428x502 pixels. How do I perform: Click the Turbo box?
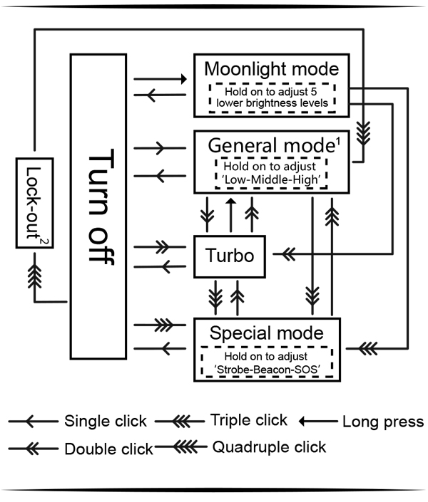(x=230, y=256)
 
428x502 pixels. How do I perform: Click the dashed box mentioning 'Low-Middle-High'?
(x=270, y=172)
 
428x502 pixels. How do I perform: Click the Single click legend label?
(x=106, y=422)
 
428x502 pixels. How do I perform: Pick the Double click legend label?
(x=108, y=449)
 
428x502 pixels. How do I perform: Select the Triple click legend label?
(x=249, y=420)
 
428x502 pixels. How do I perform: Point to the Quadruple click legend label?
(x=269, y=447)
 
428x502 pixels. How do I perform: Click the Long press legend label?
(x=383, y=422)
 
